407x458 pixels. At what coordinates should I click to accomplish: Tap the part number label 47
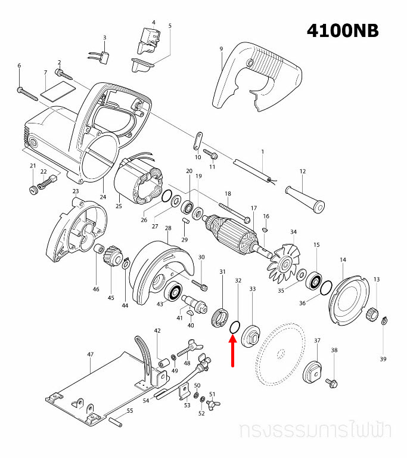pyautogui.click(x=91, y=354)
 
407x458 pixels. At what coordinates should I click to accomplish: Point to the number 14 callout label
pyautogui.click(x=343, y=259)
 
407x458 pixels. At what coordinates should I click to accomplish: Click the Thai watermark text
pyautogui.click(x=318, y=431)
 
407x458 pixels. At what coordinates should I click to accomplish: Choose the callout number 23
pyautogui.click(x=76, y=191)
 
